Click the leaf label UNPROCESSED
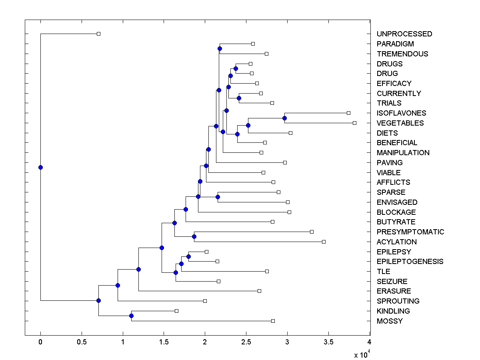click(404, 34)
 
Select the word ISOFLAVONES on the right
click(401, 113)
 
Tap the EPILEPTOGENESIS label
click(410, 262)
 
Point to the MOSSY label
click(390, 321)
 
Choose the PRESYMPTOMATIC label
click(410, 232)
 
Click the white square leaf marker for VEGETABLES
click(354, 123)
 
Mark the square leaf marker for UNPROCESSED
click(98, 34)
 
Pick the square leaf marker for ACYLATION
click(324, 242)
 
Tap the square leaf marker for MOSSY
click(273, 321)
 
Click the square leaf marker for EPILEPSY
click(206, 252)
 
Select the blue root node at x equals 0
click(40, 167)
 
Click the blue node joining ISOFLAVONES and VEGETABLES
click(284, 118)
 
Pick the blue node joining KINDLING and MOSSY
click(131, 316)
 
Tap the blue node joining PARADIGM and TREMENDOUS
click(220, 48)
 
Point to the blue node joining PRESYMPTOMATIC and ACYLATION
click(194, 236)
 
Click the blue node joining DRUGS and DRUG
click(236, 68)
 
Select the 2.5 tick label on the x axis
click(246, 342)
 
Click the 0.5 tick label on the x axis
click(82, 342)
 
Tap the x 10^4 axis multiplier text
click(362, 354)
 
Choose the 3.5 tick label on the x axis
click(328, 342)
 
